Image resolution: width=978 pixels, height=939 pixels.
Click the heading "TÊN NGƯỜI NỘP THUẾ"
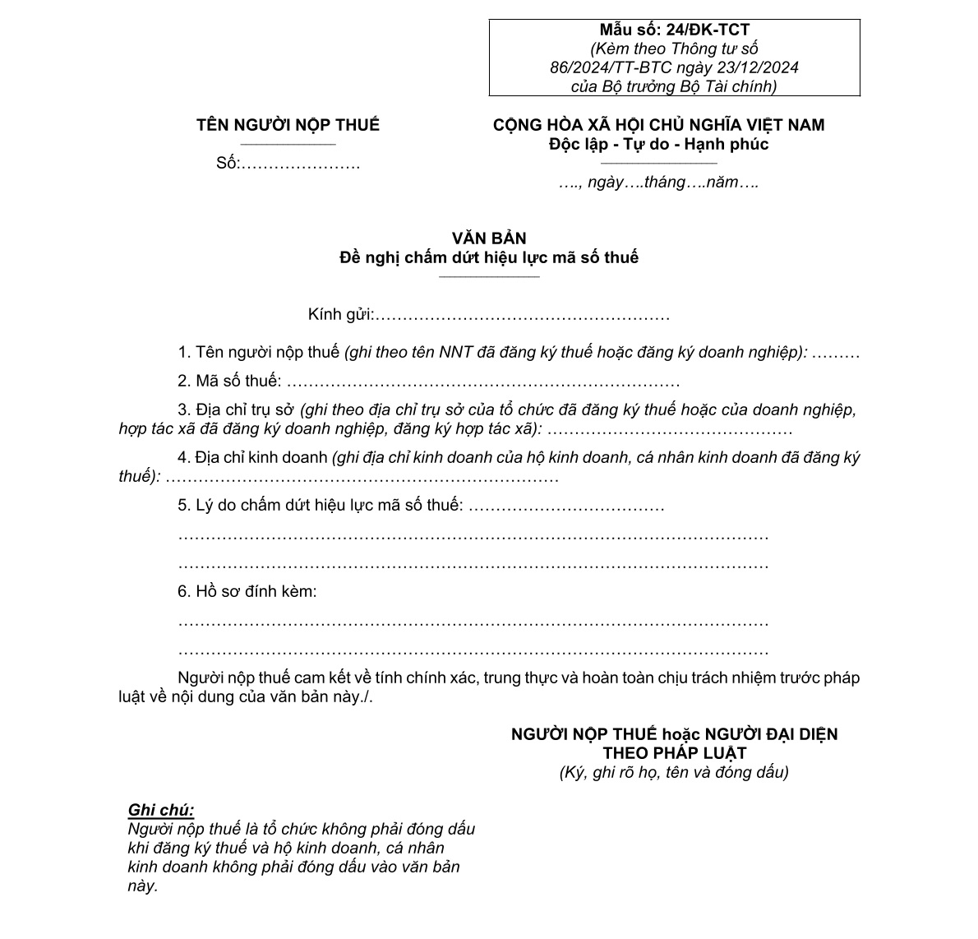tap(288, 125)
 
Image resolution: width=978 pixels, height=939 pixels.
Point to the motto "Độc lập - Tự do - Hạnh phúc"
tap(658, 145)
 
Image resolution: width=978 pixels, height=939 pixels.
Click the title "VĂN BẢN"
tap(489, 238)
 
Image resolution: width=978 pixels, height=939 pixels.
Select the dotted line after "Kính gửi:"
tap(523, 315)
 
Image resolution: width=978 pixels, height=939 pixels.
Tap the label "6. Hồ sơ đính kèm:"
tap(247, 591)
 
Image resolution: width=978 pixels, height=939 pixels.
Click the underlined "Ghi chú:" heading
tap(161, 811)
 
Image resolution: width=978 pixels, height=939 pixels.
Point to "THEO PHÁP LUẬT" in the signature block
tap(674, 753)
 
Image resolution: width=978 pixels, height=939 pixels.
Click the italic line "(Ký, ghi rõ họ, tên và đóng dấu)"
tap(674, 772)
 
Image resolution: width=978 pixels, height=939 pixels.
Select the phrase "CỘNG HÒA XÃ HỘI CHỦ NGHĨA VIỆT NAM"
tap(658, 125)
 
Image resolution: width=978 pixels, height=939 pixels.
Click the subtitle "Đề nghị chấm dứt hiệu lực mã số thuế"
tap(489, 257)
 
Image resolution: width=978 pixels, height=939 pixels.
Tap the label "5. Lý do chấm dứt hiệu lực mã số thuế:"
tap(321, 505)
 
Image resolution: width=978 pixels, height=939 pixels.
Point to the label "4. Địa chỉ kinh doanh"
tap(253, 457)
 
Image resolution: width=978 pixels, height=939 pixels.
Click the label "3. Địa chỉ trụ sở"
tap(237, 409)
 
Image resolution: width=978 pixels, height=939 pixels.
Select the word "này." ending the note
tap(142, 886)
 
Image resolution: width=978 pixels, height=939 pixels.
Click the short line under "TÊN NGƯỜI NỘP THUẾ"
tap(288, 145)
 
